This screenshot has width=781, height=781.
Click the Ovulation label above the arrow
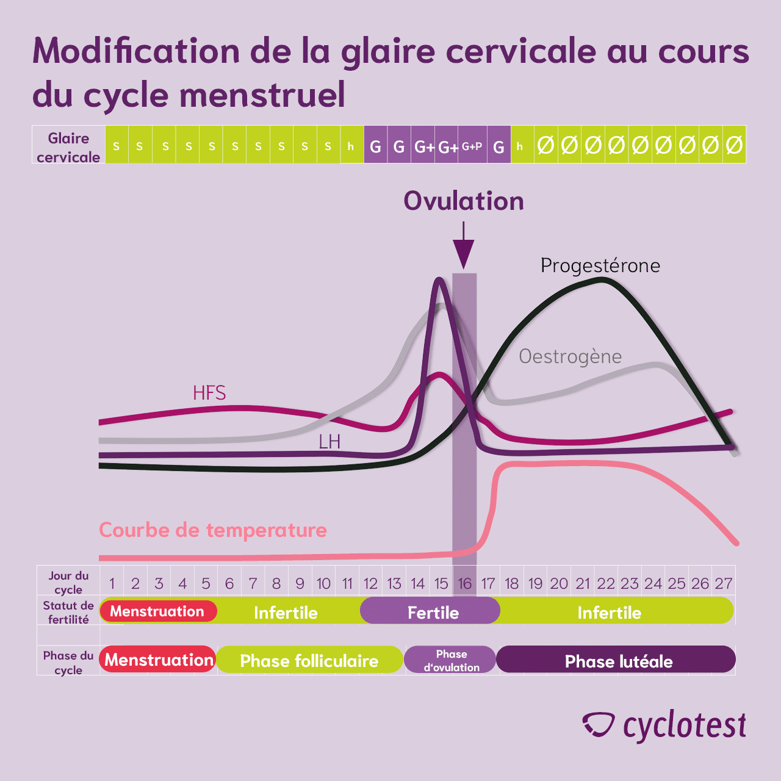pyautogui.click(x=464, y=201)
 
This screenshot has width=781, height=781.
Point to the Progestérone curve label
pyautogui.click(x=600, y=266)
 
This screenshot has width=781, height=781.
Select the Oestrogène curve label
pyautogui.click(x=570, y=356)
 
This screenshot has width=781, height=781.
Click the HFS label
pyautogui.click(x=209, y=393)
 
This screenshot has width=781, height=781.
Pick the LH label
pyautogui.click(x=329, y=441)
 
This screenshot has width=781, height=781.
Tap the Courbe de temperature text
pyautogui.click(x=213, y=530)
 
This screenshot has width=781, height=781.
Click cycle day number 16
pyautogui.click(x=465, y=584)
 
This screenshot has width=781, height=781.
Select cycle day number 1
pyautogui.click(x=112, y=584)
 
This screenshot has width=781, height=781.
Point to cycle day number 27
pyautogui.click(x=724, y=584)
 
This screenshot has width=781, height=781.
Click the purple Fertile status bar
pyautogui.click(x=433, y=612)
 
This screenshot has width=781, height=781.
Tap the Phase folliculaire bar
pyautogui.click(x=309, y=661)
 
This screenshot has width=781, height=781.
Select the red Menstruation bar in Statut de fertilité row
pyautogui.click(x=157, y=611)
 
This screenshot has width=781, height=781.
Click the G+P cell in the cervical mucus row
pyautogui.click(x=472, y=146)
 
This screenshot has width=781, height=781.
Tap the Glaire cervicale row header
pyautogui.click(x=68, y=147)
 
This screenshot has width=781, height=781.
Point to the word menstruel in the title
pyautogui.click(x=262, y=95)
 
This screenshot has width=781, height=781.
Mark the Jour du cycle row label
pyautogui.click(x=68, y=583)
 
